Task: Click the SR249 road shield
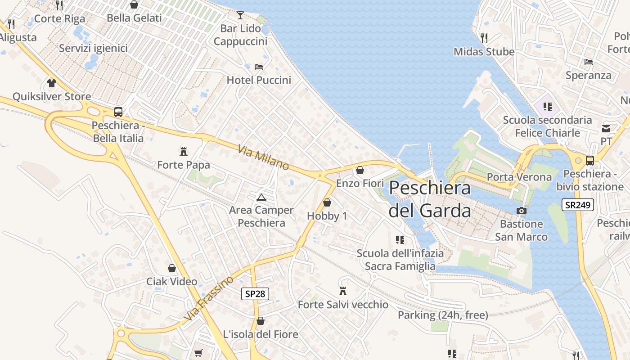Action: [x=578, y=205]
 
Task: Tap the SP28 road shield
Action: [x=255, y=294]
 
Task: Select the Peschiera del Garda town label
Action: [x=430, y=199]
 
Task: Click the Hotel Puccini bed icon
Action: [x=259, y=67]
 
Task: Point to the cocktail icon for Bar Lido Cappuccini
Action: [x=240, y=15]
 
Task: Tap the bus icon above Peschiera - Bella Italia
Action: [x=118, y=112]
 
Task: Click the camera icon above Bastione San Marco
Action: [x=521, y=211]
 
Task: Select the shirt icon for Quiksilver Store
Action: [x=52, y=83]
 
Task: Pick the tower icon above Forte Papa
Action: [x=184, y=151]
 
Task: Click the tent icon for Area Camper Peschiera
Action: [x=261, y=197]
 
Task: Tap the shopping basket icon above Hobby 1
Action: [x=327, y=202]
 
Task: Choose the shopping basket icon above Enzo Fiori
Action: [x=360, y=170]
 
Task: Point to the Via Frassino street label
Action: [x=209, y=298]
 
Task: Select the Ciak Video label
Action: [x=172, y=282]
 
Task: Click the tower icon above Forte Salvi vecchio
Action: [x=343, y=291]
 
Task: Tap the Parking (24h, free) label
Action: [x=443, y=315]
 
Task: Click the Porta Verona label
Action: [x=519, y=177]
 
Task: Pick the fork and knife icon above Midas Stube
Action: [x=484, y=38]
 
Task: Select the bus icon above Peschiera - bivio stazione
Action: [x=589, y=160]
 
